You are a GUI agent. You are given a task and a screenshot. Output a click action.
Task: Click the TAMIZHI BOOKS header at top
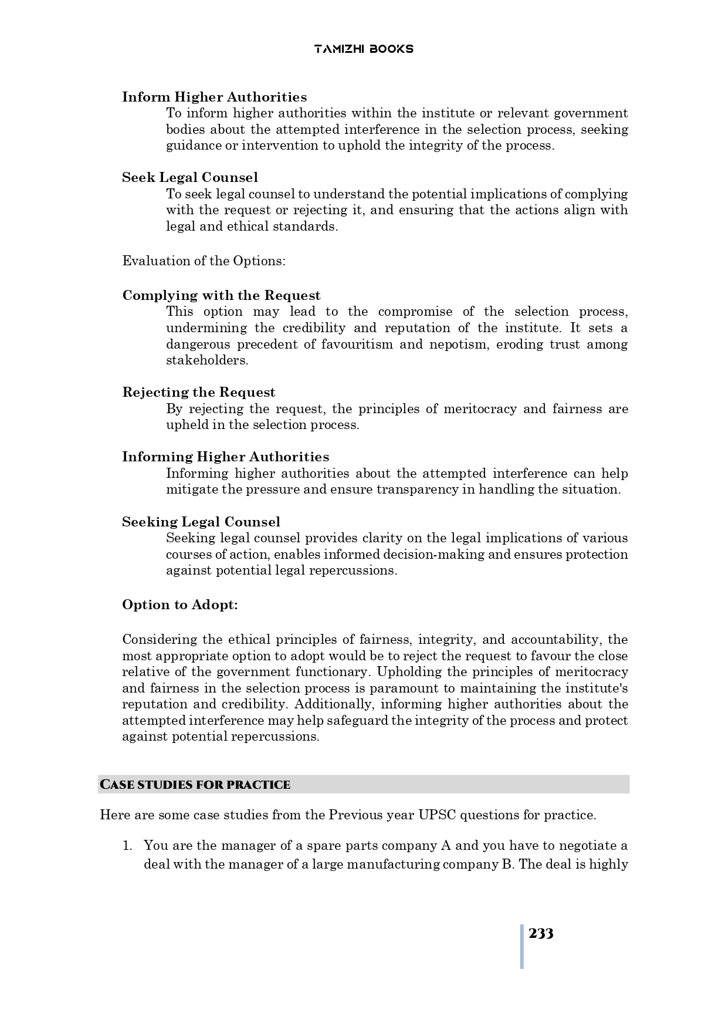[x=364, y=49]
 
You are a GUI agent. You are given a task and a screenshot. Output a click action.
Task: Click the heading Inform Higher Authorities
[x=214, y=97]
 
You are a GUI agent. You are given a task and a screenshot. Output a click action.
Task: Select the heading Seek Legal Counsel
[x=189, y=177]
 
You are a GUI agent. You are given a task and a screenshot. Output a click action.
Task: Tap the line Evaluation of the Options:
[x=204, y=261]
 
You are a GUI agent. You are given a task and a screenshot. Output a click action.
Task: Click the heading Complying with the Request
[x=221, y=295]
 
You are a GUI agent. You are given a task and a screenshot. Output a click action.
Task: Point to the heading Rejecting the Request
[x=198, y=392]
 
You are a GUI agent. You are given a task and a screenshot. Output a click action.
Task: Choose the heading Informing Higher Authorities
[x=225, y=457]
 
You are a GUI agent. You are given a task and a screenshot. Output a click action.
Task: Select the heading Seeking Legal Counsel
[x=201, y=522]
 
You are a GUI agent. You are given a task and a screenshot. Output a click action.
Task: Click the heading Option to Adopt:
[x=180, y=605]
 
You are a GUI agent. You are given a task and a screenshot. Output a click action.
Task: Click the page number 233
[x=540, y=934]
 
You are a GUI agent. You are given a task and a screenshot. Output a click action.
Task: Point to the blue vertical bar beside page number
[x=522, y=946]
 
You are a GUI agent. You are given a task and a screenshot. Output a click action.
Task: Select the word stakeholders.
[x=206, y=360]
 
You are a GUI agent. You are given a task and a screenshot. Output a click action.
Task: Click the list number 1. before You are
[x=127, y=846]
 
